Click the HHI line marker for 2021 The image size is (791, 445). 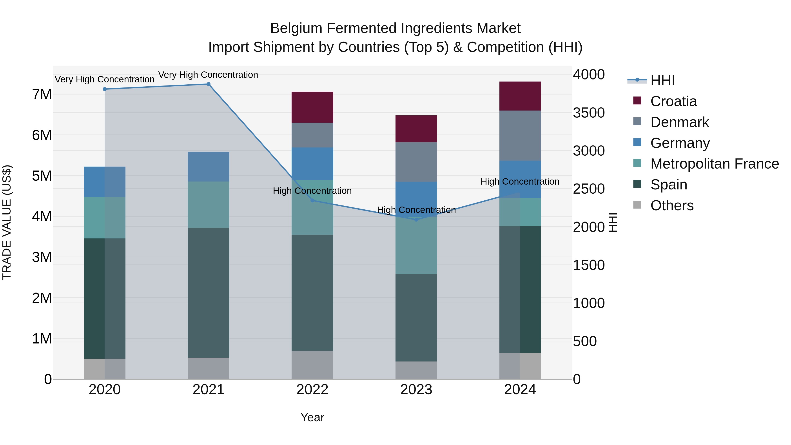click(208, 84)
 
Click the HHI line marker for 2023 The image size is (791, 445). click(416, 220)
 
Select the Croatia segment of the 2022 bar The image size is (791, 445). click(312, 107)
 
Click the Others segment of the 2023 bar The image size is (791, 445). click(416, 370)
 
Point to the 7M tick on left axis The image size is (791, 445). click(42, 94)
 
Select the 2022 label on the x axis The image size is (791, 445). click(312, 390)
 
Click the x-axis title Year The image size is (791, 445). click(312, 417)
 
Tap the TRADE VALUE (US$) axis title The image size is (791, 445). click(7, 222)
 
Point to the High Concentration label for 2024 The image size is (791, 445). click(520, 182)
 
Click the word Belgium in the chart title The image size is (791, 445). click(296, 28)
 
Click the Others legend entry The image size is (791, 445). click(671, 205)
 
